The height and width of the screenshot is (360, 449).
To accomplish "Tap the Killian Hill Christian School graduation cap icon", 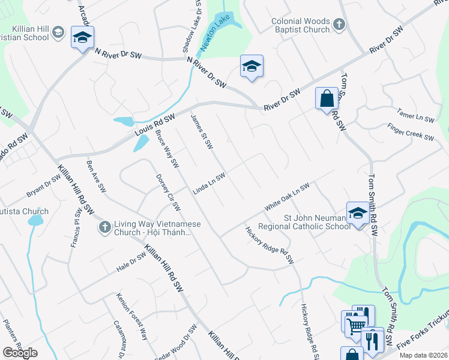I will [58, 32].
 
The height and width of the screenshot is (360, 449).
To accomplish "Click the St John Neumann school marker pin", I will [358, 214].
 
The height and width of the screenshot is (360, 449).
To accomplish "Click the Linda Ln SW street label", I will [209, 184].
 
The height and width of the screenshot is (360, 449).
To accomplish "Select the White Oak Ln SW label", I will [287, 196].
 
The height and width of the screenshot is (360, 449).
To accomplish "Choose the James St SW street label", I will [202, 133].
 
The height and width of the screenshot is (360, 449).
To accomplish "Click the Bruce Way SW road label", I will [167, 147].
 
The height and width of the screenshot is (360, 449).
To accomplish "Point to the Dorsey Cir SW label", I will [168, 192].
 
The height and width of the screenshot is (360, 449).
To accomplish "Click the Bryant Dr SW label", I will [43, 187].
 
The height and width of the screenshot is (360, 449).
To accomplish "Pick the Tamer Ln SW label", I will [415, 116].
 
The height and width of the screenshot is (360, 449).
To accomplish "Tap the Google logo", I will [20, 353].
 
